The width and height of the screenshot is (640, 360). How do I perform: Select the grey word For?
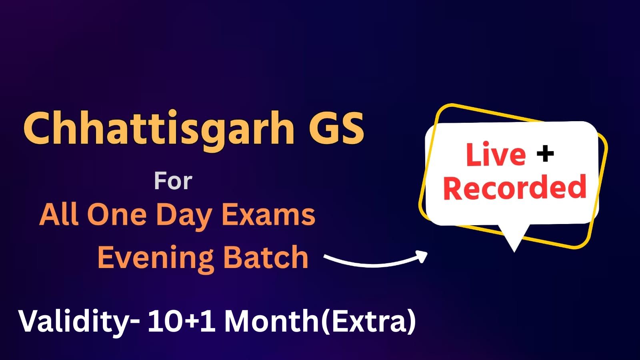click(x=173, y=181)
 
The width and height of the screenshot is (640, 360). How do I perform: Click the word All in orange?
click(x=58, y=214)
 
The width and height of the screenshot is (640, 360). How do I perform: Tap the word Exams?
click(x=269, y=215)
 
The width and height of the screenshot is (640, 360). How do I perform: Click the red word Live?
click(x=496, y=154)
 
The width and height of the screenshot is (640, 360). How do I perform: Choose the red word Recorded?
click(x=515, y=187)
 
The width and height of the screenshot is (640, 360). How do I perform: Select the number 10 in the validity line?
click(x=166, y=322)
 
